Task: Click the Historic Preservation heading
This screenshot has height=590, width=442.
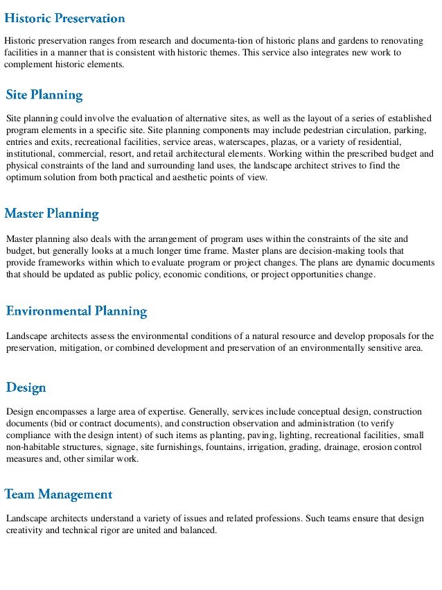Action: tap(65, 18)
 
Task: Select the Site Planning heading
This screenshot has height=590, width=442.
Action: tap(44, 95)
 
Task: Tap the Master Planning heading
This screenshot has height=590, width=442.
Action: tap(52, 214)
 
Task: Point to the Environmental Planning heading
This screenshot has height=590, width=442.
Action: tap(76, 311)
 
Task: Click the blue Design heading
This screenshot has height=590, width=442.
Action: tap(26, 387)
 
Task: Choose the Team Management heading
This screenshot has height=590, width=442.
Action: tap(59, 494)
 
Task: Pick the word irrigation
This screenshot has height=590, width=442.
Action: tap(269, 447)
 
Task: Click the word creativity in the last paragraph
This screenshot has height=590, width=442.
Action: tap(25, 530)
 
